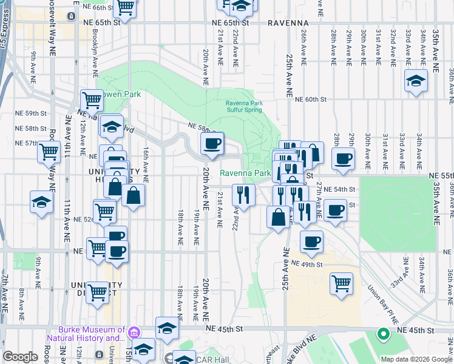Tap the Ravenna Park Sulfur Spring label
pyautogui.click(x=244, y=107)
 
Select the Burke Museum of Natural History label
pyautogui.click(x=86, y=334)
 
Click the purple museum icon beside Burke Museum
pyautogui.click(x=134, y=332)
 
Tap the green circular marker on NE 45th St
pyautogui.click(x=383, y=333)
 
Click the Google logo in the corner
pyautogui.click(x=20, y=357)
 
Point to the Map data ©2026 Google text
pyautogui.click(x=417, y=359)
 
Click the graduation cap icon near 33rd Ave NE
pyautogui.click(x=416, y=80)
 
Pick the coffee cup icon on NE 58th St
pyautogui.click(x=212, y=144)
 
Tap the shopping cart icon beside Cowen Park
pyautogui.click(x=92, y=99)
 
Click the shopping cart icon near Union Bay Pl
pyautogui.click(x=342, y=283)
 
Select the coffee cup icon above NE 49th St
pyautogui.click(x=312, y=241)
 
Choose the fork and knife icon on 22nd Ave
pyautogui.click(x=243, y=195)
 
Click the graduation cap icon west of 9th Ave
pyautogui.click(x=41, y=201)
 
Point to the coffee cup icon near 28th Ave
pyautogui.click(x=344, y=159)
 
